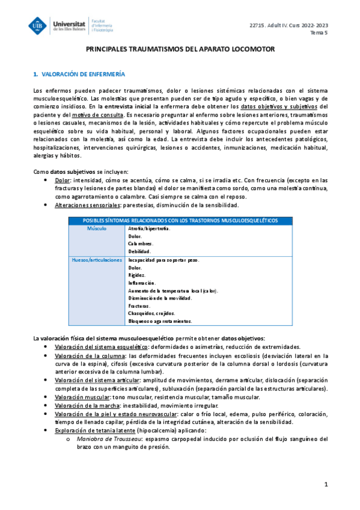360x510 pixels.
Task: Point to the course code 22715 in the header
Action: coord(258,25)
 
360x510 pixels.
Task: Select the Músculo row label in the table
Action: coord(96,229)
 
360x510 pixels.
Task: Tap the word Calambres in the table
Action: coord(141,244)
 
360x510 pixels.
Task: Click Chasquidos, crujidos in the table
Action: coord(150,313)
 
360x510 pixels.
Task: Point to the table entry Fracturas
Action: coord(140,306)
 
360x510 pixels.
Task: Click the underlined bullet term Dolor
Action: coord(62,180)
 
